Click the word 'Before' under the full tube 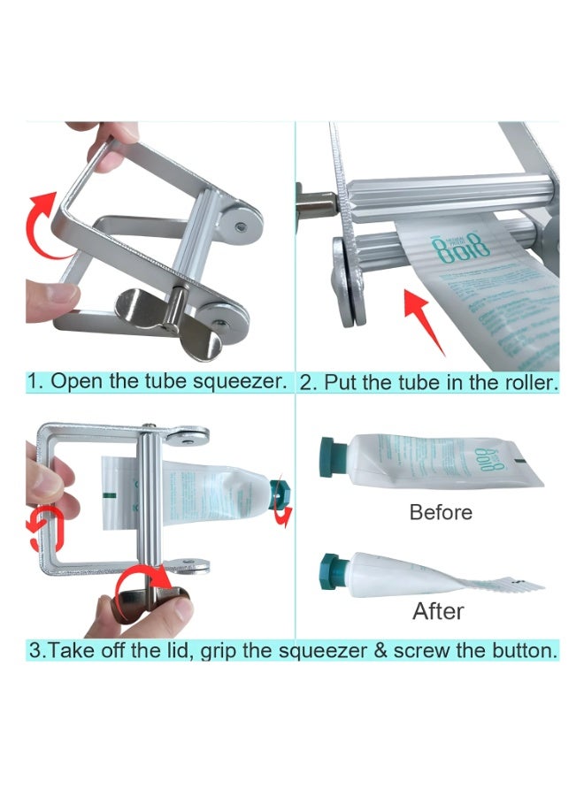440,512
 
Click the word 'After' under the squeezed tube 438,611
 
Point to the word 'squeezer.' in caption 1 246,382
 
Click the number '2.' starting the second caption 307,382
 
